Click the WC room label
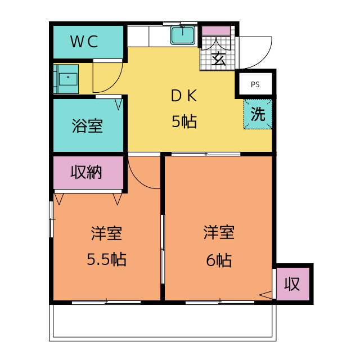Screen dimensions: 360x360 84,42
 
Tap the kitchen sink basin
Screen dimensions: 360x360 183,35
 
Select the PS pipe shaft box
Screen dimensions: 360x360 255,84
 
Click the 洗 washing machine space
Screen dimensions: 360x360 258,114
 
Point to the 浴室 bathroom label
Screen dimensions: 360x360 87,125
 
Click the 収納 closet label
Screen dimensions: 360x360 86,172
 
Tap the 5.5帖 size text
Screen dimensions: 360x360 106,259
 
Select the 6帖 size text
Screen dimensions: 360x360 219,260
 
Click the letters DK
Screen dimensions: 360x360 184,96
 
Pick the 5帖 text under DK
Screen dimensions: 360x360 184,121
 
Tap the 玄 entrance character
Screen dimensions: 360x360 218,58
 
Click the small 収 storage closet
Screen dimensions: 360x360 292,283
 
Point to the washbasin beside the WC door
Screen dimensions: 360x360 66,79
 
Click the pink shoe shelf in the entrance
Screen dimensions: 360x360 216,31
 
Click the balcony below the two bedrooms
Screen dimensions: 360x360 163,322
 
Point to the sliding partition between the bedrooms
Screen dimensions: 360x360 163,249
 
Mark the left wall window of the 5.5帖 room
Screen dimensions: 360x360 51,219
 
